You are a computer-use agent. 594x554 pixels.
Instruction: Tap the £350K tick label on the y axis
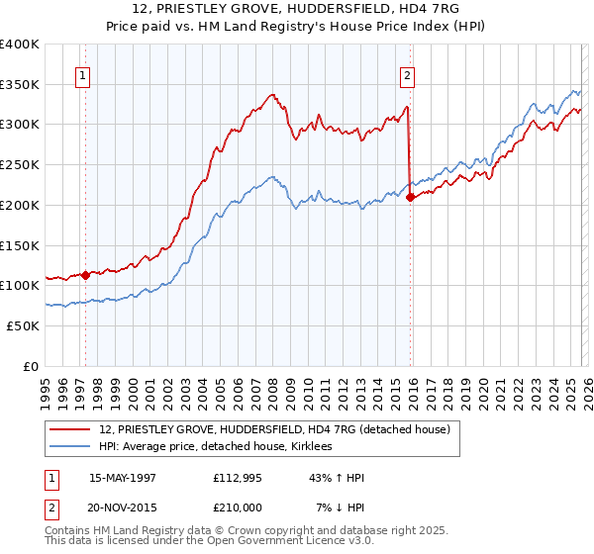tap(20, 84)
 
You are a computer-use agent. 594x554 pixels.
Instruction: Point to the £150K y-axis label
tap(20, 244)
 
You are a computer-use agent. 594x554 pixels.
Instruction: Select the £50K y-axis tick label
tap(24, 324)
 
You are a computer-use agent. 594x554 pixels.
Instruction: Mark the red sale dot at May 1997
tap(86, 275)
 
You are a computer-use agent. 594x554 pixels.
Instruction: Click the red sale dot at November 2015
tap(410, 197)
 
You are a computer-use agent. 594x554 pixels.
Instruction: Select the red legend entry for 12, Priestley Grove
tap(275, 429)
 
